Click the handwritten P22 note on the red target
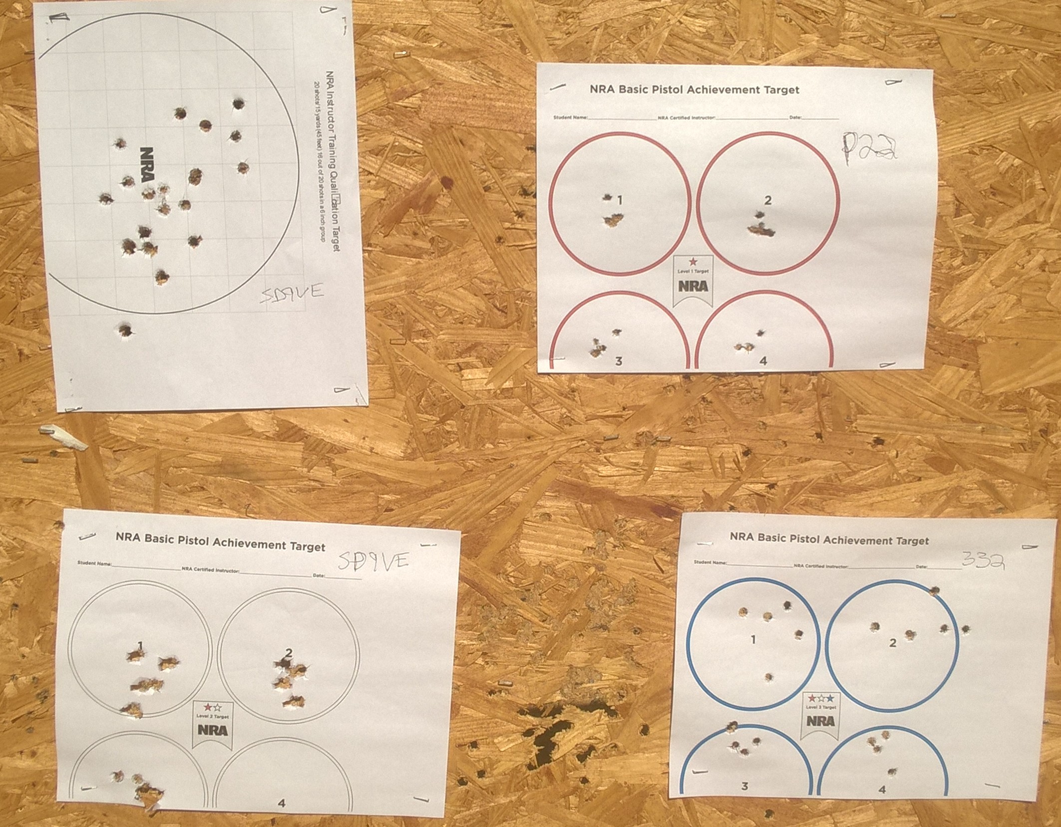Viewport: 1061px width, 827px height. click(x=869, y=149)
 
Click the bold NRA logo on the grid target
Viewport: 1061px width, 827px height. click(x=147, y=164)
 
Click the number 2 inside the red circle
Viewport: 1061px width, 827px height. click(x=768, y=200)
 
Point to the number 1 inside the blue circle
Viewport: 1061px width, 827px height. click(x=753, y=640)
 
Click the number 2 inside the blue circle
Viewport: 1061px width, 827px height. click(x=893, y=643)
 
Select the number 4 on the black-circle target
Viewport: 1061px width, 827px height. click(x=282, y=803)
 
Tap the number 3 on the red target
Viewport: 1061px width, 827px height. click(x=619, y=361)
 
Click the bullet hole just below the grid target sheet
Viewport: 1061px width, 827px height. click(x=125, y=330)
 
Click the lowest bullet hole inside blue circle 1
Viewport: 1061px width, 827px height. click(x=768, y=678)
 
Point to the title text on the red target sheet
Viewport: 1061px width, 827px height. click(x=694, y=90)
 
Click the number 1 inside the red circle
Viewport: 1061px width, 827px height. click(x=620, y=201)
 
